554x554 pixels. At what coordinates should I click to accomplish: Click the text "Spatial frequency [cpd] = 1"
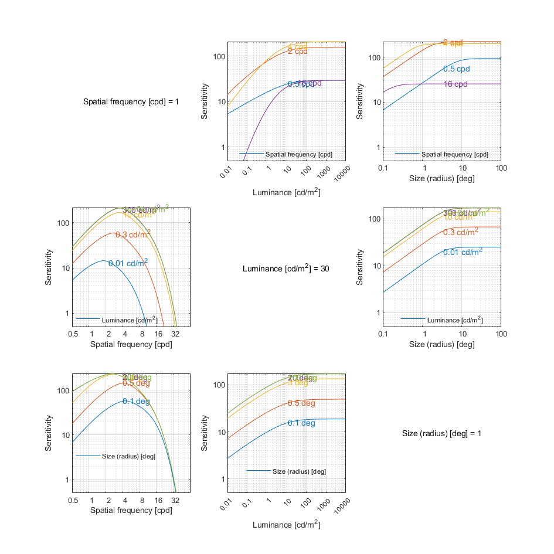131,101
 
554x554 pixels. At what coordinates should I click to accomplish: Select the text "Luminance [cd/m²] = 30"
287,268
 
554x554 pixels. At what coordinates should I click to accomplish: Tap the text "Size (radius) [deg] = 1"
443,433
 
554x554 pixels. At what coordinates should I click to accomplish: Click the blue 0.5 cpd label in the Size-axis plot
457,69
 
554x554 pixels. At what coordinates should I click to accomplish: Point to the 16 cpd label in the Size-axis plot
456,84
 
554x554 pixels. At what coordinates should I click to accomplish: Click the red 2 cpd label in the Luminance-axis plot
297,52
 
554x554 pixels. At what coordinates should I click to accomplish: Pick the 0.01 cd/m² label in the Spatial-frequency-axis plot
128,263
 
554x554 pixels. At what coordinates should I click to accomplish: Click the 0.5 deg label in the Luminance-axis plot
301,403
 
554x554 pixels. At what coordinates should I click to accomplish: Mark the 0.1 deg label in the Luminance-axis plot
301,423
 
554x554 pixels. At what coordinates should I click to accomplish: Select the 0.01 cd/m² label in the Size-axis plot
463,252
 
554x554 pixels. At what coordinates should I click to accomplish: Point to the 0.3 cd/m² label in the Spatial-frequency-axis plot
132,234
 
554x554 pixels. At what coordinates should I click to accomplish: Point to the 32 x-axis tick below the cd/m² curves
175,334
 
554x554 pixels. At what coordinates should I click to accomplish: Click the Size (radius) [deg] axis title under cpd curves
442,179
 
